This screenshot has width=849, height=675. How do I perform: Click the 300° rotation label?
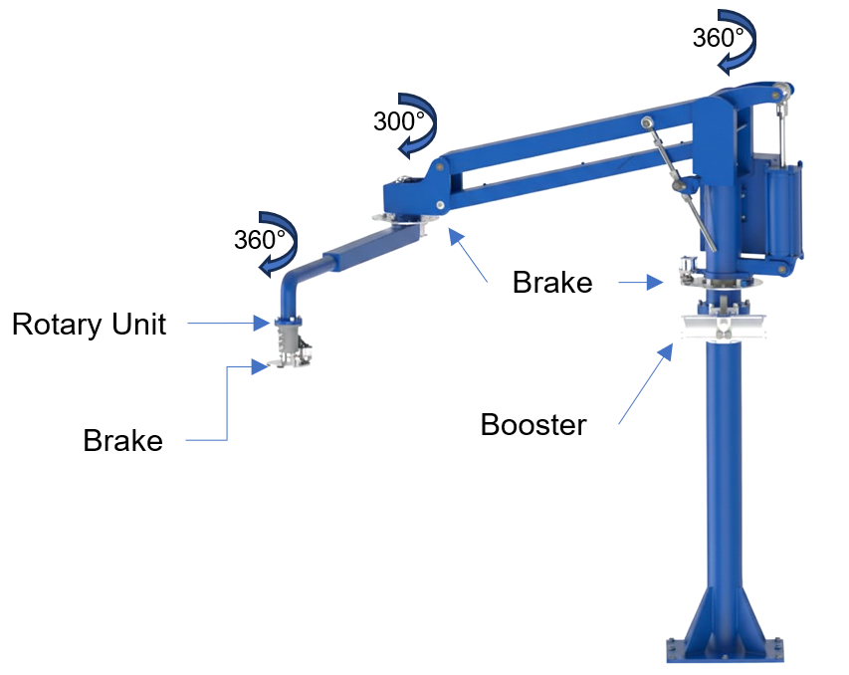398,121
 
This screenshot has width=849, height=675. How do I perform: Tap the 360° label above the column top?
718,38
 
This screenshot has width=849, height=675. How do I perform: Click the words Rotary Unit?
90,324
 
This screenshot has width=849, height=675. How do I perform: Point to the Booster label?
533,425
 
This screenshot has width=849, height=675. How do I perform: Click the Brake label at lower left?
122,440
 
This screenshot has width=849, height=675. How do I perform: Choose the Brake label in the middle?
552,283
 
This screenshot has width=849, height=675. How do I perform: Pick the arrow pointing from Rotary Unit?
224,323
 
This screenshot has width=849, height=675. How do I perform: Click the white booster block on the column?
726,328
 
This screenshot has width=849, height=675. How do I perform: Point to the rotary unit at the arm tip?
287,334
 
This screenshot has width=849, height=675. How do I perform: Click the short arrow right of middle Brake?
637,283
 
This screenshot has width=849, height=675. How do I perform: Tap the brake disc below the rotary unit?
284,364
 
